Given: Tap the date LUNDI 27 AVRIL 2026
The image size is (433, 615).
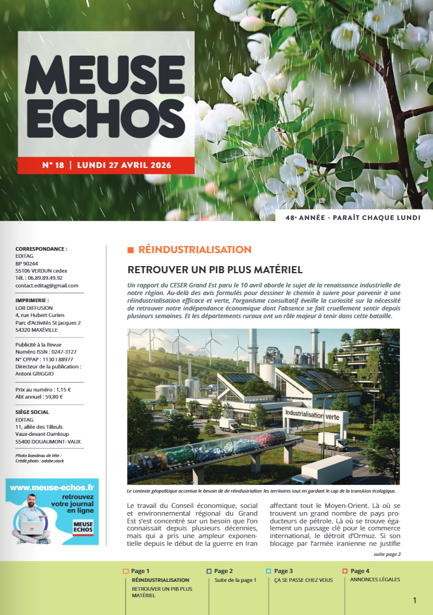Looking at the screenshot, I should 120,165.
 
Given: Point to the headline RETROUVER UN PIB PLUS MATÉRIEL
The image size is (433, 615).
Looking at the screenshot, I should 215,270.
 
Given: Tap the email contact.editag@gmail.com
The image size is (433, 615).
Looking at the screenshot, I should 47,286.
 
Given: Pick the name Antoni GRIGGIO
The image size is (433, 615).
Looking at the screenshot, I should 34,374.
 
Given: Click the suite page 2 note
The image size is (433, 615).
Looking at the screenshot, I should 387,554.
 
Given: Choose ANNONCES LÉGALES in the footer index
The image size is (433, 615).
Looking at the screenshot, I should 375,580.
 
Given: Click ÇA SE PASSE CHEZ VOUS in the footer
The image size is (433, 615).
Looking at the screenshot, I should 303,580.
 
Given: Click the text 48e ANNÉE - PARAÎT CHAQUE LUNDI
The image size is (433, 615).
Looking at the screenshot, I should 353,218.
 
